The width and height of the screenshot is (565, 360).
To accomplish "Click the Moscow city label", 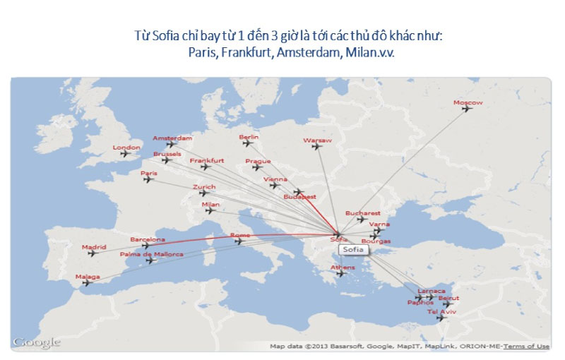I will [468, 103].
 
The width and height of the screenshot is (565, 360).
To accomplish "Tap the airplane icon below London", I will [126, 153].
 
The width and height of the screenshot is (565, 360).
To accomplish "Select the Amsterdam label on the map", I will [172, 138].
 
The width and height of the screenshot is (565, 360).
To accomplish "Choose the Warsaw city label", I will [317, 140].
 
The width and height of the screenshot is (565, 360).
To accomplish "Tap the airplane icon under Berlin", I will [247, 143].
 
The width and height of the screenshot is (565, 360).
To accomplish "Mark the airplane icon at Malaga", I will [87, 283].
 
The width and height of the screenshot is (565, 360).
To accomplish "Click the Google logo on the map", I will [36, 342].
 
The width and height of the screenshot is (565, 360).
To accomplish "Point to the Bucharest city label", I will [363, 213].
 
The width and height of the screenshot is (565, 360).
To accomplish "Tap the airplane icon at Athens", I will [343, 275].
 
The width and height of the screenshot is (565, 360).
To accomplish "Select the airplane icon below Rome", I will [239, 241].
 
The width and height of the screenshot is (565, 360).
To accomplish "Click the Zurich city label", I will [204, 187].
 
